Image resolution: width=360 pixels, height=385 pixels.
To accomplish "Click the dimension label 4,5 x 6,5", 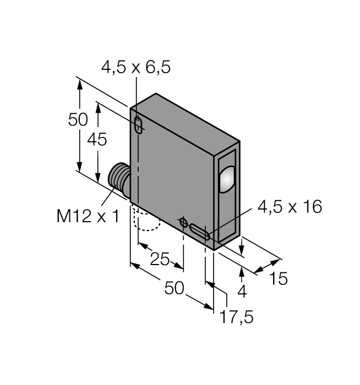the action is pos(135,67).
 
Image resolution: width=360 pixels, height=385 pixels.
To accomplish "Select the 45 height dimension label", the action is pos(97,140).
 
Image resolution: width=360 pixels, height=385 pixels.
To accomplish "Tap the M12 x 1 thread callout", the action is pos(88,216).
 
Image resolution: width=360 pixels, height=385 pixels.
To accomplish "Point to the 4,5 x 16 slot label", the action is pos(290,206).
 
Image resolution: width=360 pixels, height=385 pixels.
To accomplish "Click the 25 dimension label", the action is pos(160,259).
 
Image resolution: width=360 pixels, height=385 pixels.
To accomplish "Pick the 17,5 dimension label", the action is pos(236,317).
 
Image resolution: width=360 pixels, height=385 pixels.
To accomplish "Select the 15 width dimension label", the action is pos(278,279).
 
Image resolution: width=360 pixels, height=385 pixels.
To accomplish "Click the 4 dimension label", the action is pos(242,291).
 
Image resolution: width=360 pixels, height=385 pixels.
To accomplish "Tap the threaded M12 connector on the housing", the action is pos(119,179).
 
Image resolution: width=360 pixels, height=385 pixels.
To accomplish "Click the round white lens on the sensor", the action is pos(227,179).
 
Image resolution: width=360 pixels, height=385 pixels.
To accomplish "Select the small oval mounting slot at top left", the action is pos(139,125).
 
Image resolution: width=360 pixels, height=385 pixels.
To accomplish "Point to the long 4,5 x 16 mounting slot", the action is pos(199,232).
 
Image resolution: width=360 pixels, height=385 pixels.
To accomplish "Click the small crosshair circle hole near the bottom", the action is pos(183,222).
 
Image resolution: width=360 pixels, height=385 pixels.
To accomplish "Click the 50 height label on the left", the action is pos(78,119).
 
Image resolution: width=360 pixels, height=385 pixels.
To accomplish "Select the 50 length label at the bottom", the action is pos(174,288).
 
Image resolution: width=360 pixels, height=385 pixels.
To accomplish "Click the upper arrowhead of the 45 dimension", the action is pos(98,108).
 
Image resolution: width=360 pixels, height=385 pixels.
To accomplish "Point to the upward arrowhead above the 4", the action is pos(242,273).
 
